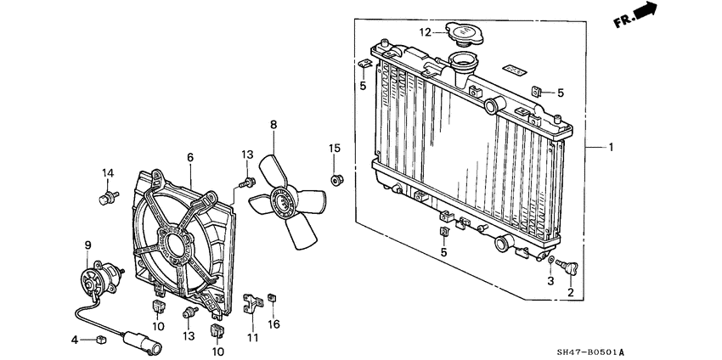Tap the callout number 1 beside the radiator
tap(610, 147)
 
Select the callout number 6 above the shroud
tap(190, 157)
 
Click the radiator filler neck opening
tap(464, 63)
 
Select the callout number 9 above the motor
tap(87, 246)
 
